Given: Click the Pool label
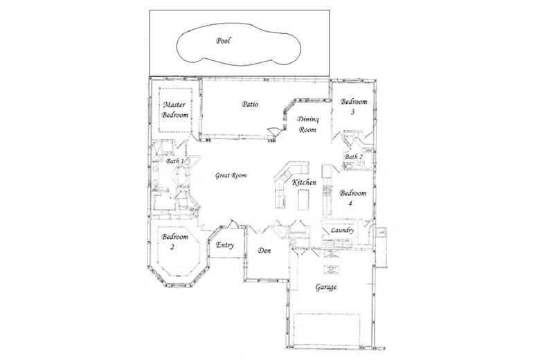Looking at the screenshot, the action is click(223, 41).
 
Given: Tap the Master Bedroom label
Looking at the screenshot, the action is click(175, 110).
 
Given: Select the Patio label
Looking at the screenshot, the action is click(250, 104).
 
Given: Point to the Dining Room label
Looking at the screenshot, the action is click(308, 125).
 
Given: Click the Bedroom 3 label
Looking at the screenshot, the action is click(354, 107).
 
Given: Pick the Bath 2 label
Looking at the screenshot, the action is click(354, 156).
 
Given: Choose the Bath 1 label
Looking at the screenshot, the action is click(175, 161).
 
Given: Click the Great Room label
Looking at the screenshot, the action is click(231, 175).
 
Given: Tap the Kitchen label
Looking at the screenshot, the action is click(304, 182).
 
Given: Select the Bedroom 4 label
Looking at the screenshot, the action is click(353, 198).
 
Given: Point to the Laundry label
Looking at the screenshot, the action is click(342, 230).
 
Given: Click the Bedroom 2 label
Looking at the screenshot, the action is click(175, 242).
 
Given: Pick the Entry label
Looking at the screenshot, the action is click(225, 245).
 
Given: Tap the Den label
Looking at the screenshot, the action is click(264, 251).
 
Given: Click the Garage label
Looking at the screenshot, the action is click(326, 287).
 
